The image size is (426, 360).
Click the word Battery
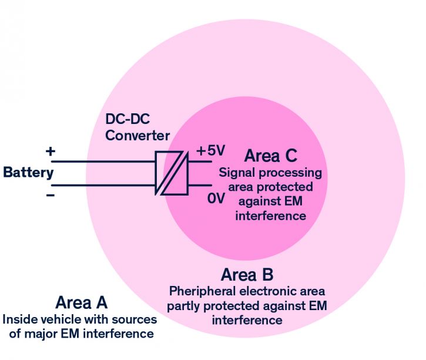point(28,173)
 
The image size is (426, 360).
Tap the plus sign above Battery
point(51,152)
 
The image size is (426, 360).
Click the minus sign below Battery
point(51,194)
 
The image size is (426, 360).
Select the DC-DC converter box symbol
point(171,173)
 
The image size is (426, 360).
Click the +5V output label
point(210,151)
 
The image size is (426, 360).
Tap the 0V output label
point(216,198)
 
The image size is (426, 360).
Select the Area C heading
point(270,156)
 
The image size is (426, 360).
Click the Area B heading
point(247,274)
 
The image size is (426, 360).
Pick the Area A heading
point(81,303)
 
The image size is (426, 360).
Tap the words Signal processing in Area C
point(270,173)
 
